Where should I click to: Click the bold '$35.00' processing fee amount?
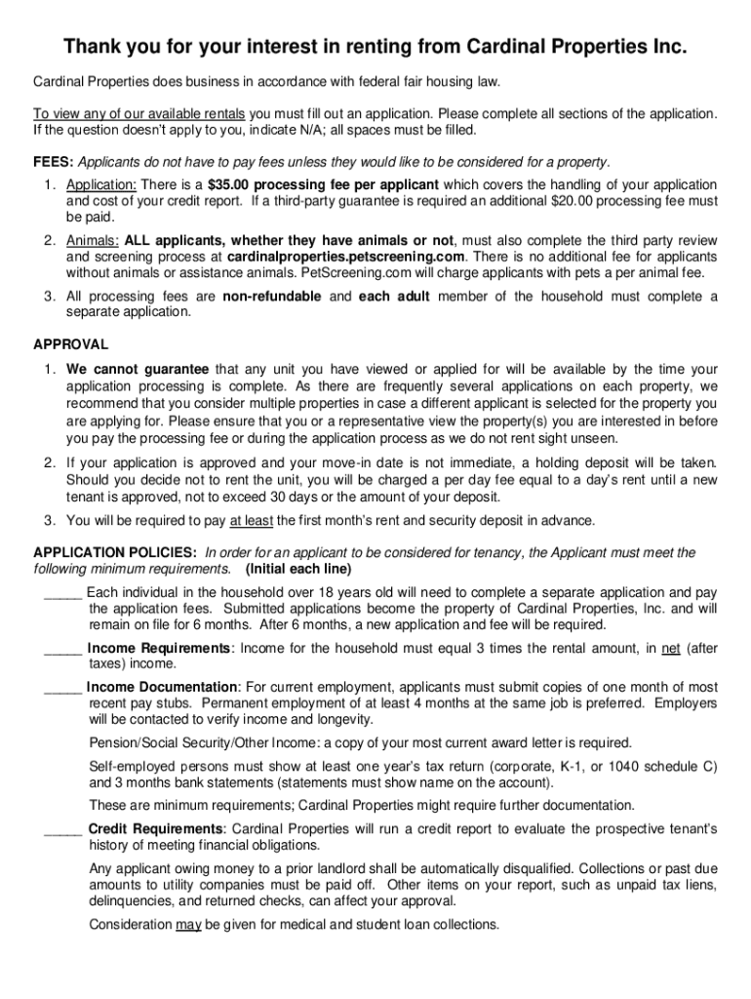pyautogui.click(x=236, y=185)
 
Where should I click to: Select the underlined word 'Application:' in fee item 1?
pyautogui.click(x=103, y=185)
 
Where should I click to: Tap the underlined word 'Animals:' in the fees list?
pyautogui.click(x=94, y=241)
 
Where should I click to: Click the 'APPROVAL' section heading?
pyautogui.click(x=71, y=343)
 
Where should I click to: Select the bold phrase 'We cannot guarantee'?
pyautogui.click(x=138, y=369)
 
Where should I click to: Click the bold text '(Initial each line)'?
pyautogui.click(x=298, y=569)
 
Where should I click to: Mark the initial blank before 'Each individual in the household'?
pyautogui.click(x=62, y=592)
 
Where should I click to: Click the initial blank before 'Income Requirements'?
pyautogui.click(x=62, y=647)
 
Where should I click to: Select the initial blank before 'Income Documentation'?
pyautogui.click(x=62, y=687)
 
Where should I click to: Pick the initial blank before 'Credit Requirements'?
pyautogui.click(x=62, y=828)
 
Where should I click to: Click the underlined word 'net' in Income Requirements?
pyautogui.click(x=670, y=647)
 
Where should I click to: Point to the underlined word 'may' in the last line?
pyautogui.click(x=188, y=924)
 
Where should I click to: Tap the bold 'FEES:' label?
pyautogui.click(x=54, y=161)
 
